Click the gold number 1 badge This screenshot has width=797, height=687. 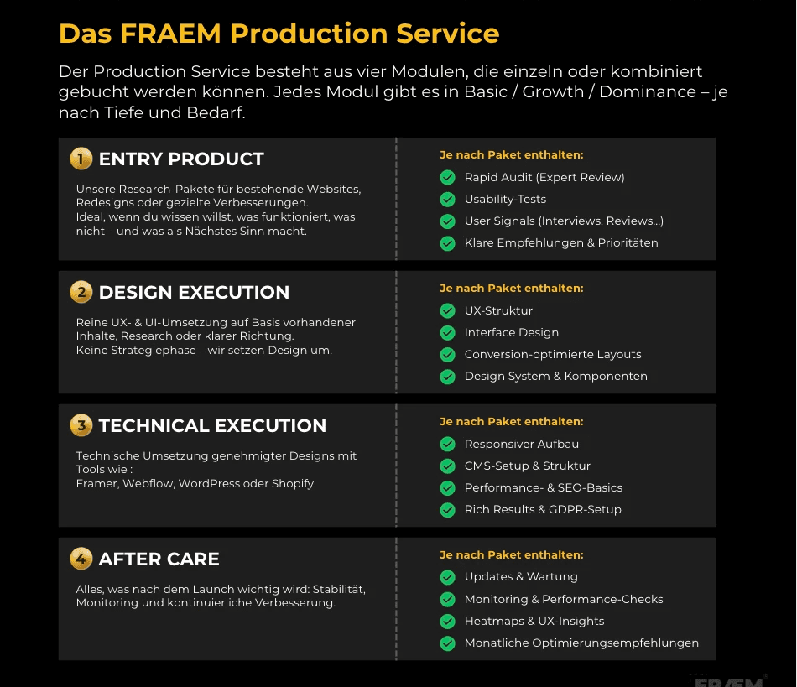[x=81, y=159]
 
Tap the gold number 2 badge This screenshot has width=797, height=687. [x=81, y=292]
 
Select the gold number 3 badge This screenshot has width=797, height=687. [x=81, y=425]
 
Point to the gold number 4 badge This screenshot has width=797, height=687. [x=81, y=559]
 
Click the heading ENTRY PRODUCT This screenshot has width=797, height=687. [x=181, y=159]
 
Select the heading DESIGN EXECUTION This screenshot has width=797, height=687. [x=194, y=293]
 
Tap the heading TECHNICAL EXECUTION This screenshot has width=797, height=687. [x=212, y=426]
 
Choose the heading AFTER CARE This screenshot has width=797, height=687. [x=159, y=559]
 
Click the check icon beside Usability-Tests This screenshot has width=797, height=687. [x=448, y=200]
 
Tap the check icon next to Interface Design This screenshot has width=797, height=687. [x=448, y=333]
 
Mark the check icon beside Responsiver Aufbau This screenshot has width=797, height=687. [x=448, y=445]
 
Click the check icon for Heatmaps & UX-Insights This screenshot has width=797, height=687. [x=448, y=622]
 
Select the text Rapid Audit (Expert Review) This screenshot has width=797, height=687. [x=544, y=177]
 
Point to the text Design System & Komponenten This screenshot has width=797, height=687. [x=555, y=377]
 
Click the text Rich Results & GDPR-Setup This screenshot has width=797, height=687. [x=543, y=509]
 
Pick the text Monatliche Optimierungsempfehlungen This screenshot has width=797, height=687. [x=581, y=643]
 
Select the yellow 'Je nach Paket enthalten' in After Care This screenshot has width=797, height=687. [x=511, y=555]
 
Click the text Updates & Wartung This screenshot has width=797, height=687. [x=521, y=577]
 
